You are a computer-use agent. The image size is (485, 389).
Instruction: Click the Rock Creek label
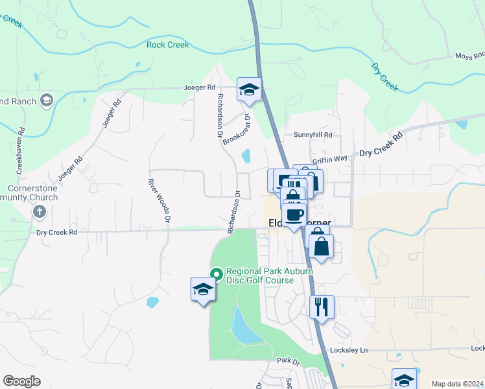167,45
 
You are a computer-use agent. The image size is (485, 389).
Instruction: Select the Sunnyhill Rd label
313,135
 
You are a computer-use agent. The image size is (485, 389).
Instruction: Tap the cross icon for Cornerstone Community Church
39,212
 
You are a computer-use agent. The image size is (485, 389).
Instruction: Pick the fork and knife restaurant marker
322,307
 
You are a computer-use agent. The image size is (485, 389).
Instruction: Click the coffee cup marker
294,215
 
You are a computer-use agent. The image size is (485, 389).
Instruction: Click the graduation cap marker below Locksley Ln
404,380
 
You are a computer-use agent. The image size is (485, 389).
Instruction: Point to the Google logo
21,381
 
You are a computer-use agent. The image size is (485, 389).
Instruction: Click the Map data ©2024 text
456,384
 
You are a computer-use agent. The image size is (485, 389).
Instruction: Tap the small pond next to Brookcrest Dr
246,156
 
